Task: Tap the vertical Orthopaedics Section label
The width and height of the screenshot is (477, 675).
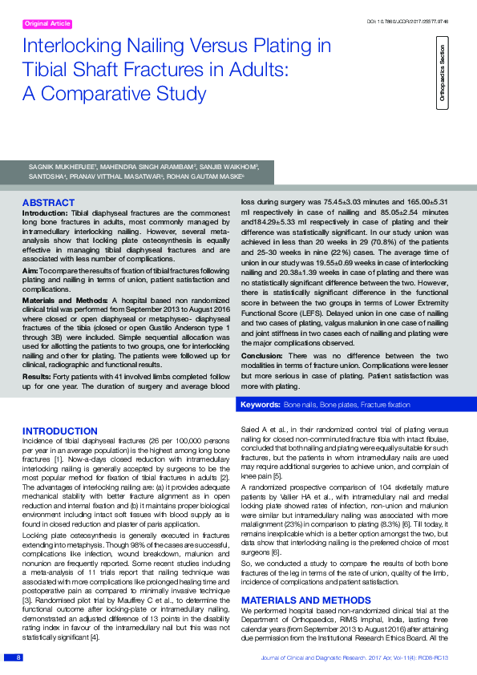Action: pos(443,76)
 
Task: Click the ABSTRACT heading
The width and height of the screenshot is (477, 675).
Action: pos(49,203)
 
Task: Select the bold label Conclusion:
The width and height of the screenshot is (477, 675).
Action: pos(262,354)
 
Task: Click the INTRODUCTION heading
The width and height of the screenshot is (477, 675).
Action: pos(60,431)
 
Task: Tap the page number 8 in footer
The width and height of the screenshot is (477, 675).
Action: pos(18,657)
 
